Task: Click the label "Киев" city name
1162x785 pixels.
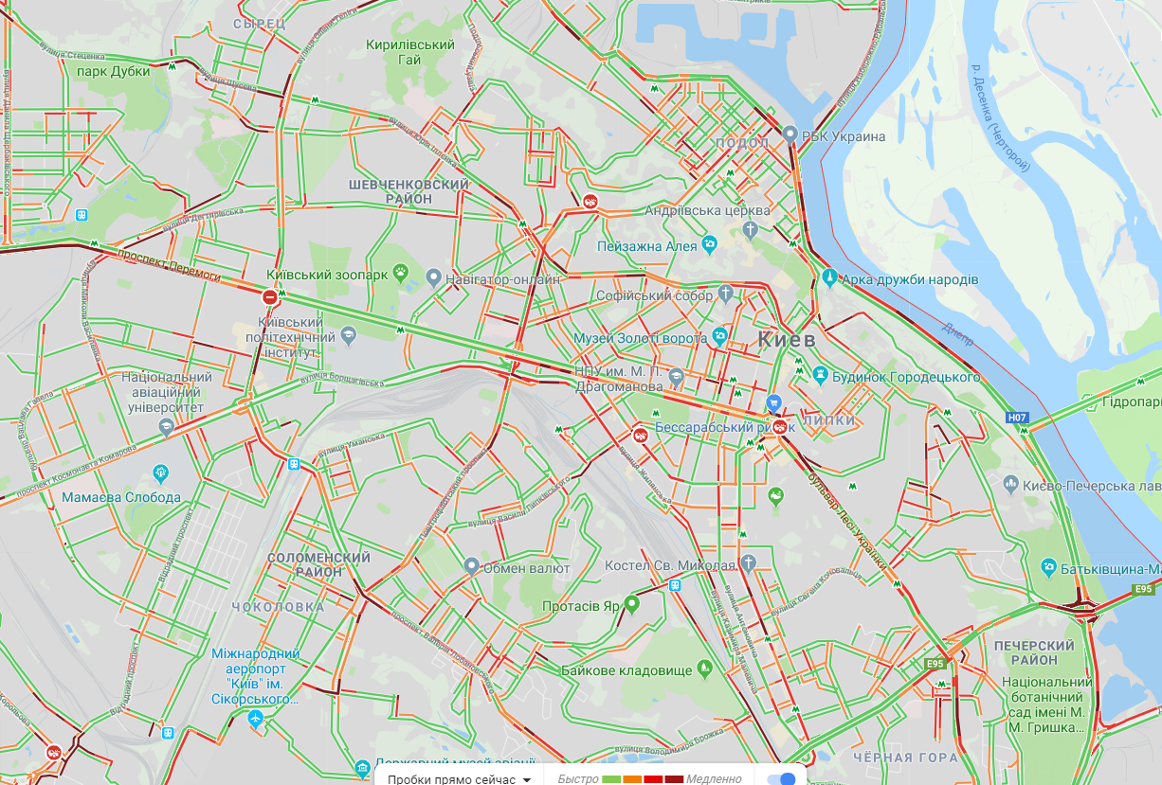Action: click(786, 340)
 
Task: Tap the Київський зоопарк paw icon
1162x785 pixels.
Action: click(402, 275)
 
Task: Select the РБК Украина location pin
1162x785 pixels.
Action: click(790, 135)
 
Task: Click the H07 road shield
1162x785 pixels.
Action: click(1018, 417)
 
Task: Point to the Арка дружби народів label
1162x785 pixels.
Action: click(910, 279)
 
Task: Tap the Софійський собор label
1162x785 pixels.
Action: click(654, 295)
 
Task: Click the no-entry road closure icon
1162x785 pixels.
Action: click(270, 297)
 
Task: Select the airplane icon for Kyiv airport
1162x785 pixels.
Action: click(254, 719)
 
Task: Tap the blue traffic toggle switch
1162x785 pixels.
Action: click(781, 778)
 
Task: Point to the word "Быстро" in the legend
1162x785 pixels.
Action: click(578, 778)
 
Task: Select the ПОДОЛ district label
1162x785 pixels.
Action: click(744, 142)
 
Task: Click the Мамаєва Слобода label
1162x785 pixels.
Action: click(121, 497)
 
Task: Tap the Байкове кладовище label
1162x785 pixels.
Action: click(626, 670)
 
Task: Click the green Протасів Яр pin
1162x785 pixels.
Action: click(631, 602)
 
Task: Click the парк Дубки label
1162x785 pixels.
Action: click(114, 71)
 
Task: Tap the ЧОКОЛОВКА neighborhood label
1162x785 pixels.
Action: click(279, 606)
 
